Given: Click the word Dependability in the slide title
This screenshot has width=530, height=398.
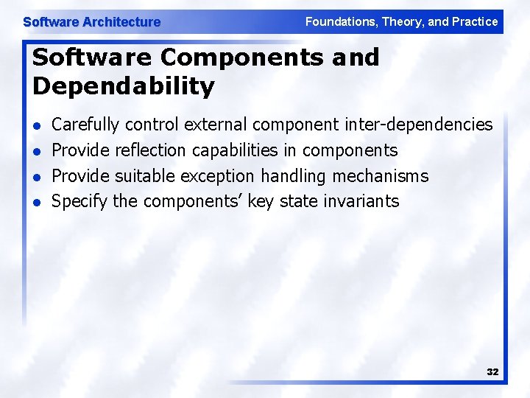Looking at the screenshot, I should click(123, 86).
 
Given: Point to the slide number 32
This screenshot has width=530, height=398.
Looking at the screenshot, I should click(492, 372).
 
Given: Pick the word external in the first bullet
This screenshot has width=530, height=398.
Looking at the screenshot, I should click(217, 125).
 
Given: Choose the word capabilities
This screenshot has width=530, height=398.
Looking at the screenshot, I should click(235, 150).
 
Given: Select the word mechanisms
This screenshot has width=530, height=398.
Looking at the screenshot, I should click(380, 175).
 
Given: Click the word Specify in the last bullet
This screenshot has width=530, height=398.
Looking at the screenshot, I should click(79, 200).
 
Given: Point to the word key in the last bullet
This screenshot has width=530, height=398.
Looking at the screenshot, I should click(261, 200).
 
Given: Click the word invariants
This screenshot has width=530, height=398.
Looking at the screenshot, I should click(361, 200).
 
